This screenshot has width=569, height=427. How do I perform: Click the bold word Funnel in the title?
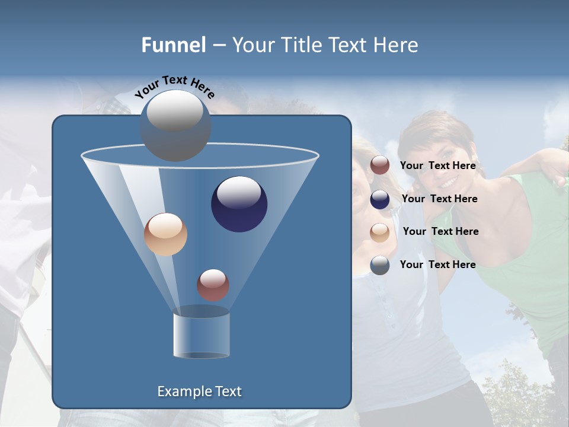[174, 45]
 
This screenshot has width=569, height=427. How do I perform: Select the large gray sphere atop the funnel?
[175, 125]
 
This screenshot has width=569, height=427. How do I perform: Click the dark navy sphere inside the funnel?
[239, 204]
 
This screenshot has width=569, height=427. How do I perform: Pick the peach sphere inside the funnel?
[165, 234]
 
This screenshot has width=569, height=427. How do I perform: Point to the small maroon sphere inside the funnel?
[213, 285]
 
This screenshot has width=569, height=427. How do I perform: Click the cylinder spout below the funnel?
[201, 336]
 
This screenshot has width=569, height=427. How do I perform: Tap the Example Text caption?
[199, 391]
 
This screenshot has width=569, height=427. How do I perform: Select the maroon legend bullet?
[380, 165]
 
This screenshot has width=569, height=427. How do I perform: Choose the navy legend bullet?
[380, 199]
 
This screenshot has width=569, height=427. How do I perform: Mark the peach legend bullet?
[380, 232]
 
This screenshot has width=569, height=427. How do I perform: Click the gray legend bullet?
[380, 265]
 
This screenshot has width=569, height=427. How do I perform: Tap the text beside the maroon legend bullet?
[437, 166]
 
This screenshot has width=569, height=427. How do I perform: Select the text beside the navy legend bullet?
[439, 199]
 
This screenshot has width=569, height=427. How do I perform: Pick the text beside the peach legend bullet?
[440, 232]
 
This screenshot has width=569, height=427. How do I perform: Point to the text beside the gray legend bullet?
[437, 265]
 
